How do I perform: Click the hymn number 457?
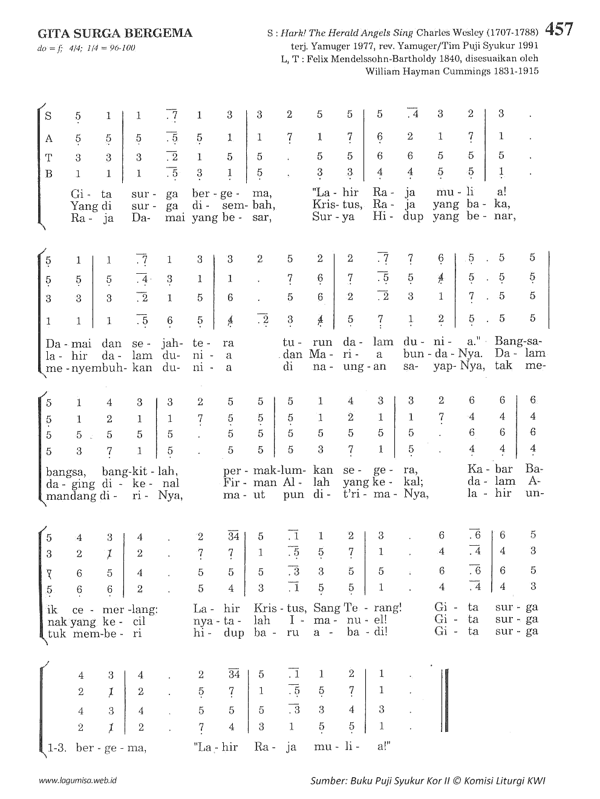pos(559,30)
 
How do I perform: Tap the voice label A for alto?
pos(49,138)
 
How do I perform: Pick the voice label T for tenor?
pos(49,157)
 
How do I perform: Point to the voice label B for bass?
pos(49,174)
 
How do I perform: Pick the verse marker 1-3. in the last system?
pos(57,748)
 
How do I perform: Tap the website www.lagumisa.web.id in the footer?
pos(78,780)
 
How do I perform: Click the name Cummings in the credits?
pos(472,71)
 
